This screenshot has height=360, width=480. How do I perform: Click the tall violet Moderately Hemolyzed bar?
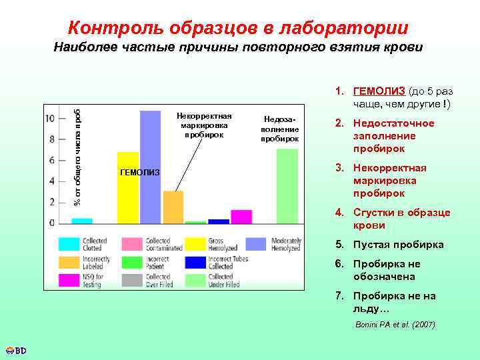pyautogui.click(x=150, y=167)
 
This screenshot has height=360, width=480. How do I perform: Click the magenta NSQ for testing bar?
pyautogui.click(x=241, y=216)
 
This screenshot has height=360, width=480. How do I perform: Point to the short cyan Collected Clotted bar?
pyautogui.click(x=81, y=220)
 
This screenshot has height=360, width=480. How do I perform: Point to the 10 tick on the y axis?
pyautogui.click(x=50, y=119)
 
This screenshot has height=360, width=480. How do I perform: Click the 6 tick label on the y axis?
pyautogui.click(x=51, y=160)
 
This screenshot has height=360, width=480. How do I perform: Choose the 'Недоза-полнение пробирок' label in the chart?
pyautogui.click(x=280, y=127)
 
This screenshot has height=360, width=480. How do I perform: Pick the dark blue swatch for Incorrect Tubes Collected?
pyautogui.click(x=195, y=262)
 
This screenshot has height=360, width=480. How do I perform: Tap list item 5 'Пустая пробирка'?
pyautogui.click(x=398, y=245)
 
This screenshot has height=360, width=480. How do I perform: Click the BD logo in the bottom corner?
pyautogui.click(x=15, y=350)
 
